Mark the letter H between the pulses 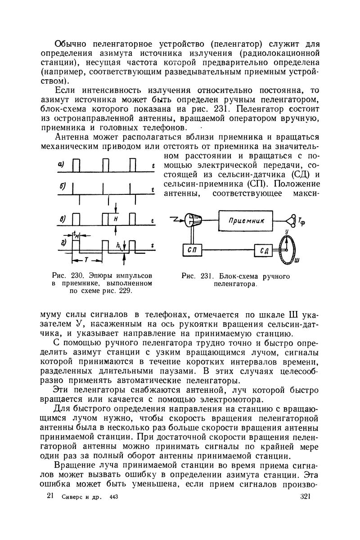116,219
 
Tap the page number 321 306,496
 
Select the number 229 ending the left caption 125,291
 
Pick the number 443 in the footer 116,497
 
